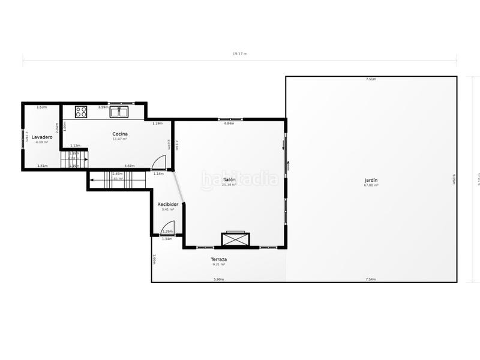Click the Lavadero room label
coord(42,137)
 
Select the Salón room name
coord(229,179)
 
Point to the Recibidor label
coord(168,204)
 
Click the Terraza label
coord(218,259)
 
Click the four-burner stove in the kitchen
coord(81,111)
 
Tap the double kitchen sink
coord(119,111)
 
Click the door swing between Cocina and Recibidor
coord(158,163)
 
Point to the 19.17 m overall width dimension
coord(240,54)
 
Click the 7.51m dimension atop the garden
coord(371,79)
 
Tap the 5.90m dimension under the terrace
coord(218,279)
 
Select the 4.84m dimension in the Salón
coord(229,124)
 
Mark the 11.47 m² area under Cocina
coord(120,139)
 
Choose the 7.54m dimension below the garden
coord(371,279)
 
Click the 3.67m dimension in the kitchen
coord(129,166)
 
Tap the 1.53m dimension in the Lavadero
coord(41,107)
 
